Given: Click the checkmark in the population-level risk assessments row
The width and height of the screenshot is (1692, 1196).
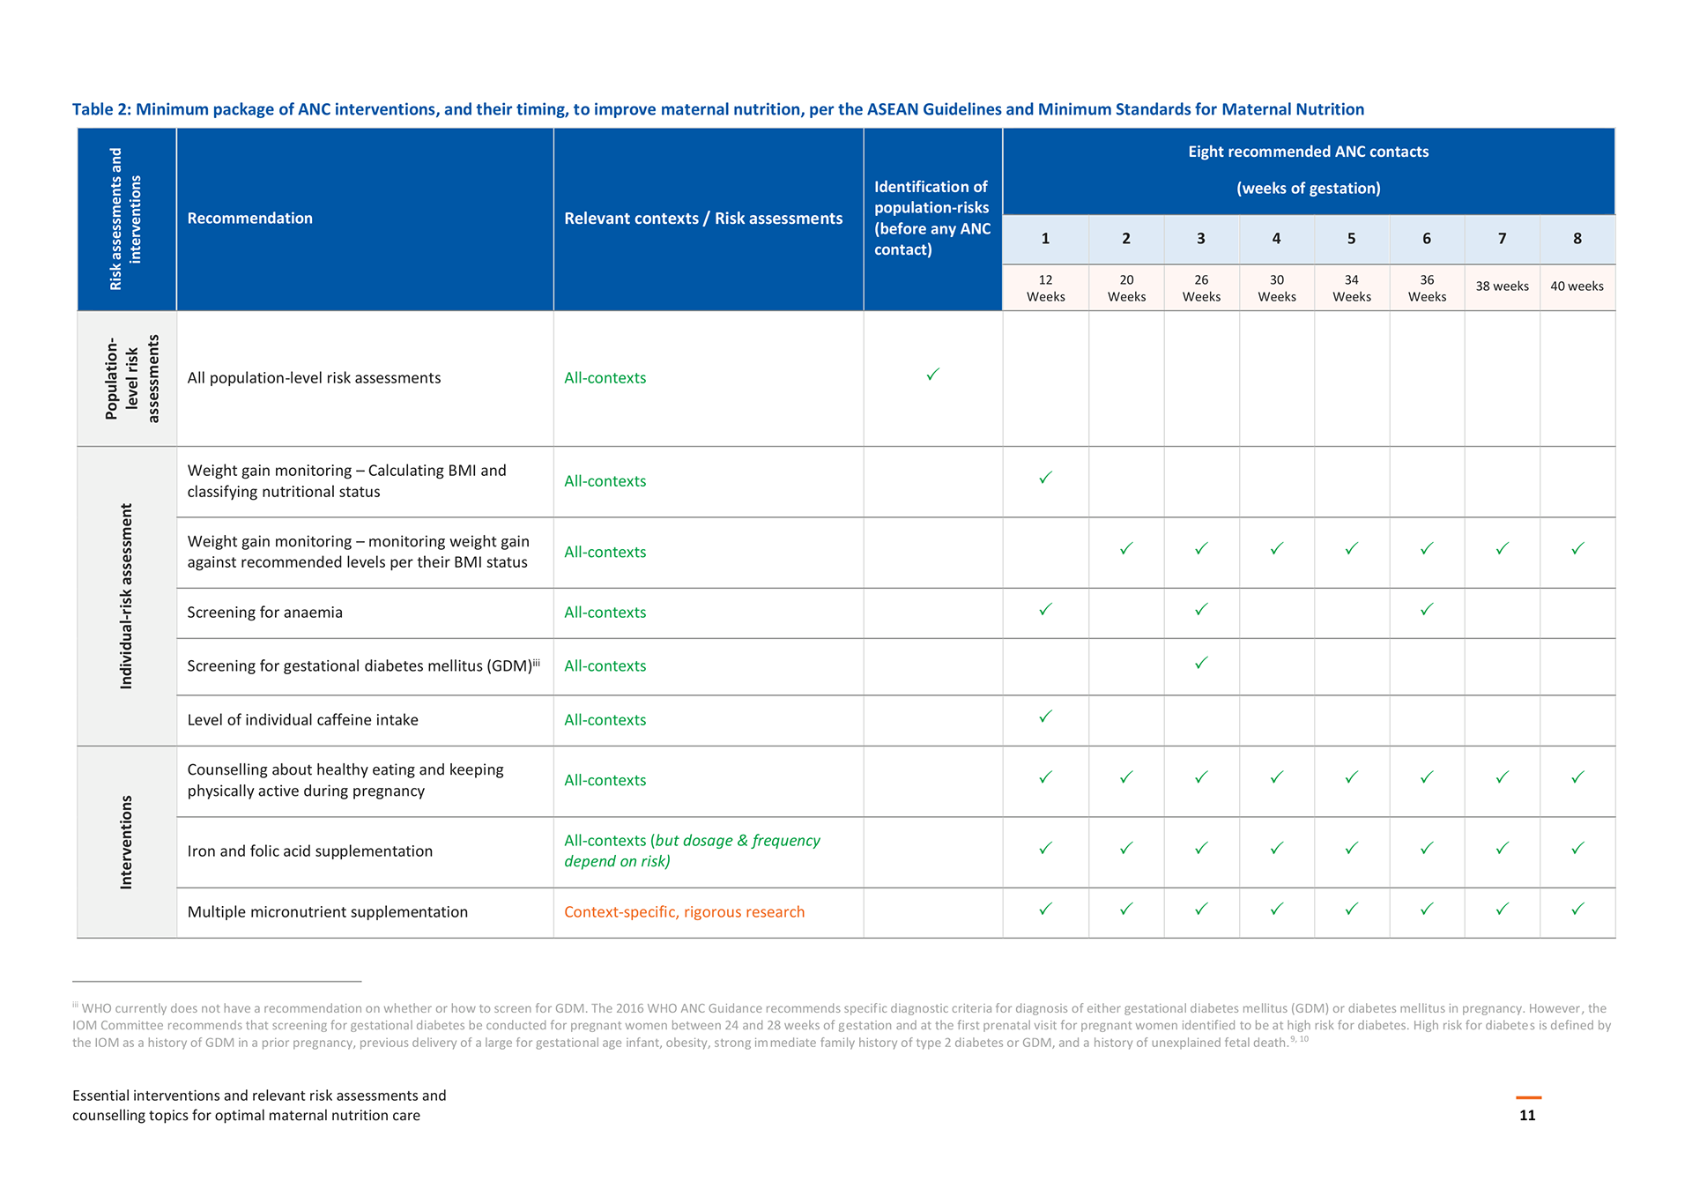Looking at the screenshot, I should (x=932, y=375).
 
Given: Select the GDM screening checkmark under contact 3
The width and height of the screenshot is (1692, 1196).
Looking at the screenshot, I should (x=1201, y=663).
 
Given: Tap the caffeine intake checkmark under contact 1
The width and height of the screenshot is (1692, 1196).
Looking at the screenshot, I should (x=1045, y=717).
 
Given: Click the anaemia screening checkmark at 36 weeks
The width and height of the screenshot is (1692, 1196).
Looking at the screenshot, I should (x=1427, y=609).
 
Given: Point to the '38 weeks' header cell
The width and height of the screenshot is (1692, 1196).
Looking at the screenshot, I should (x=1502, y=286).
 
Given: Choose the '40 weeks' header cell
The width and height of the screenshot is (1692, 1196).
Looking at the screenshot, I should (x=1577, y=286).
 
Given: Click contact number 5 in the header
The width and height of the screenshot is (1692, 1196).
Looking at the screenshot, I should (x=1351, y=239).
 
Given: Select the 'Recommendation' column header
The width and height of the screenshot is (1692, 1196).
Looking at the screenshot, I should (x=249, y=219).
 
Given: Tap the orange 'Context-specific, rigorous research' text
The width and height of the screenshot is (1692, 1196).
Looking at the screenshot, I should (x=684, y=912).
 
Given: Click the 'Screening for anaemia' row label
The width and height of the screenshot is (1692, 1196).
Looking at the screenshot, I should (x=264, y=613).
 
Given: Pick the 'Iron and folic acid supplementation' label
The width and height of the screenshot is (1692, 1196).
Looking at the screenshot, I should (x=309, y=851).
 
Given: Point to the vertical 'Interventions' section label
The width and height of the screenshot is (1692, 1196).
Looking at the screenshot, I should (x=126, y=843).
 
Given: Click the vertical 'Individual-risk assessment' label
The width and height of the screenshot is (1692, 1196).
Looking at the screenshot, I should (x=126, y=597).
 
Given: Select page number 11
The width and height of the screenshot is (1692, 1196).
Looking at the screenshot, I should (x=1527, y=1115).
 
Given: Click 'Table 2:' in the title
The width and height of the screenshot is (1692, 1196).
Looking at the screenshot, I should (x=101, y=109).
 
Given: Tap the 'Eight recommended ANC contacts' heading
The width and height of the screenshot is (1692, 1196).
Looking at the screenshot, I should (x=1308, y=152).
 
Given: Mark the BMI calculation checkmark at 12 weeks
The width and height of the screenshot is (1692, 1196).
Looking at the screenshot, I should (x=1045, y=478).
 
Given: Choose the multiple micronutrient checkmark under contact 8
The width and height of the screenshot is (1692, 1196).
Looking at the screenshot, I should (x=1577, y=909).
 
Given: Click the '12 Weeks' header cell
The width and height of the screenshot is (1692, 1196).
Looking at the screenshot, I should (x=1045, y=288).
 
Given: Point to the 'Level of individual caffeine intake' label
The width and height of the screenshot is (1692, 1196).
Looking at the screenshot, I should (x=302, y=720).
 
